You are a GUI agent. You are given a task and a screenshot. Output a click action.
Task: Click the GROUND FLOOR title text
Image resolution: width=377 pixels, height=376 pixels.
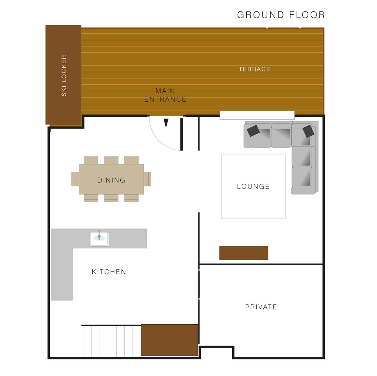281,15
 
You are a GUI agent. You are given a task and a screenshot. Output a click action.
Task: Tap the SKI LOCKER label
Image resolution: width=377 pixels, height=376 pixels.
64,76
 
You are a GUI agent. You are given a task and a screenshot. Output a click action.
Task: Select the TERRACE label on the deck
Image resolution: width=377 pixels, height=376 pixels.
254,69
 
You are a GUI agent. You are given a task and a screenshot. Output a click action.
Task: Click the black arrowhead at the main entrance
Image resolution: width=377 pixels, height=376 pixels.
166,123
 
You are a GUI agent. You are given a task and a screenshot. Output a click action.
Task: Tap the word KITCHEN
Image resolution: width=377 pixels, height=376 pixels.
109,272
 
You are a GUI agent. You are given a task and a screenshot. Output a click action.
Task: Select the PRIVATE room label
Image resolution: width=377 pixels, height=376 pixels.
261,307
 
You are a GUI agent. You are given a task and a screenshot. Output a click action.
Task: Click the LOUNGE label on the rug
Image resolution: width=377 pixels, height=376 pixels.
253,186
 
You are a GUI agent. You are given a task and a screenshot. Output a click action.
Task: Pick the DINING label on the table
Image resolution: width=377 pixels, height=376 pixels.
111,180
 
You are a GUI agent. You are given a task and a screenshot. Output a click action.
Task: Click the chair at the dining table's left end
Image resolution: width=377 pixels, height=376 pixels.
75,179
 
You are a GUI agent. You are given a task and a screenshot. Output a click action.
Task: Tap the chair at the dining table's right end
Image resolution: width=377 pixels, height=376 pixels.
147,179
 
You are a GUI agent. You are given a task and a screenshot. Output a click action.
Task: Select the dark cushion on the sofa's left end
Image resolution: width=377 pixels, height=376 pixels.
253,131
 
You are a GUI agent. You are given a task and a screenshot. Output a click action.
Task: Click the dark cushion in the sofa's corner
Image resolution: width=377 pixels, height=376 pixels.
308,131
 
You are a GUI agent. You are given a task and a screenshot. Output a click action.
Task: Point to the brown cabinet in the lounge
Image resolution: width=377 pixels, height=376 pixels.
244,253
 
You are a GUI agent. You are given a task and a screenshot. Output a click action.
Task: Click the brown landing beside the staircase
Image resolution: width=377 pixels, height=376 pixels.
169,340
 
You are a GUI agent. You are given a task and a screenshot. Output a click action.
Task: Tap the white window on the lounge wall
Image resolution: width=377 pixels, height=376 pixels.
257,115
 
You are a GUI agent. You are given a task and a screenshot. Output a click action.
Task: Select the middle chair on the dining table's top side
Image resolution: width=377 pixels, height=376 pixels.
111,160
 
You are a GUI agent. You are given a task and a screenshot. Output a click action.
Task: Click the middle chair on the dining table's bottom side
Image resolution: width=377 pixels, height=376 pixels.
111,198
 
